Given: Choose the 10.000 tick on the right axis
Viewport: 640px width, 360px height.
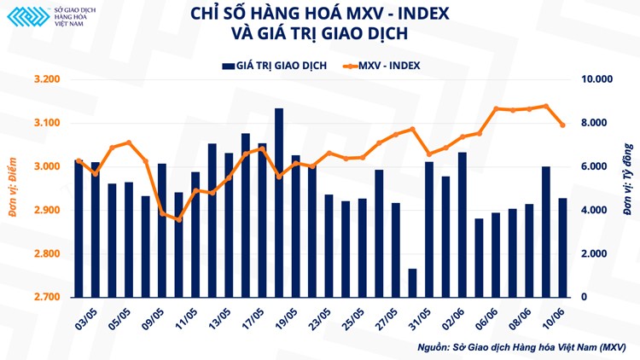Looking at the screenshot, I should click(598, 79).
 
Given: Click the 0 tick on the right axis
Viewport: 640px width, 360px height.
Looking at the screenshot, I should click(585, 297).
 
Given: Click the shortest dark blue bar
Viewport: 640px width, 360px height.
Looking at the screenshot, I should click(412, 282).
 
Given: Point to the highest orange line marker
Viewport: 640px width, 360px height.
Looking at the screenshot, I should click(546, 107).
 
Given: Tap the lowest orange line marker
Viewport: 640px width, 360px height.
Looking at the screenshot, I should click(178, 220).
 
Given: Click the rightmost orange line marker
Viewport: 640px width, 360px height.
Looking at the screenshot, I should click(562, 125).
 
